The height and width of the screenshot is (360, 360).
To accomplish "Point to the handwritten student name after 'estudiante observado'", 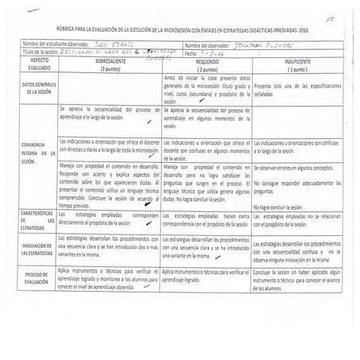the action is (x=110, y=45).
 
